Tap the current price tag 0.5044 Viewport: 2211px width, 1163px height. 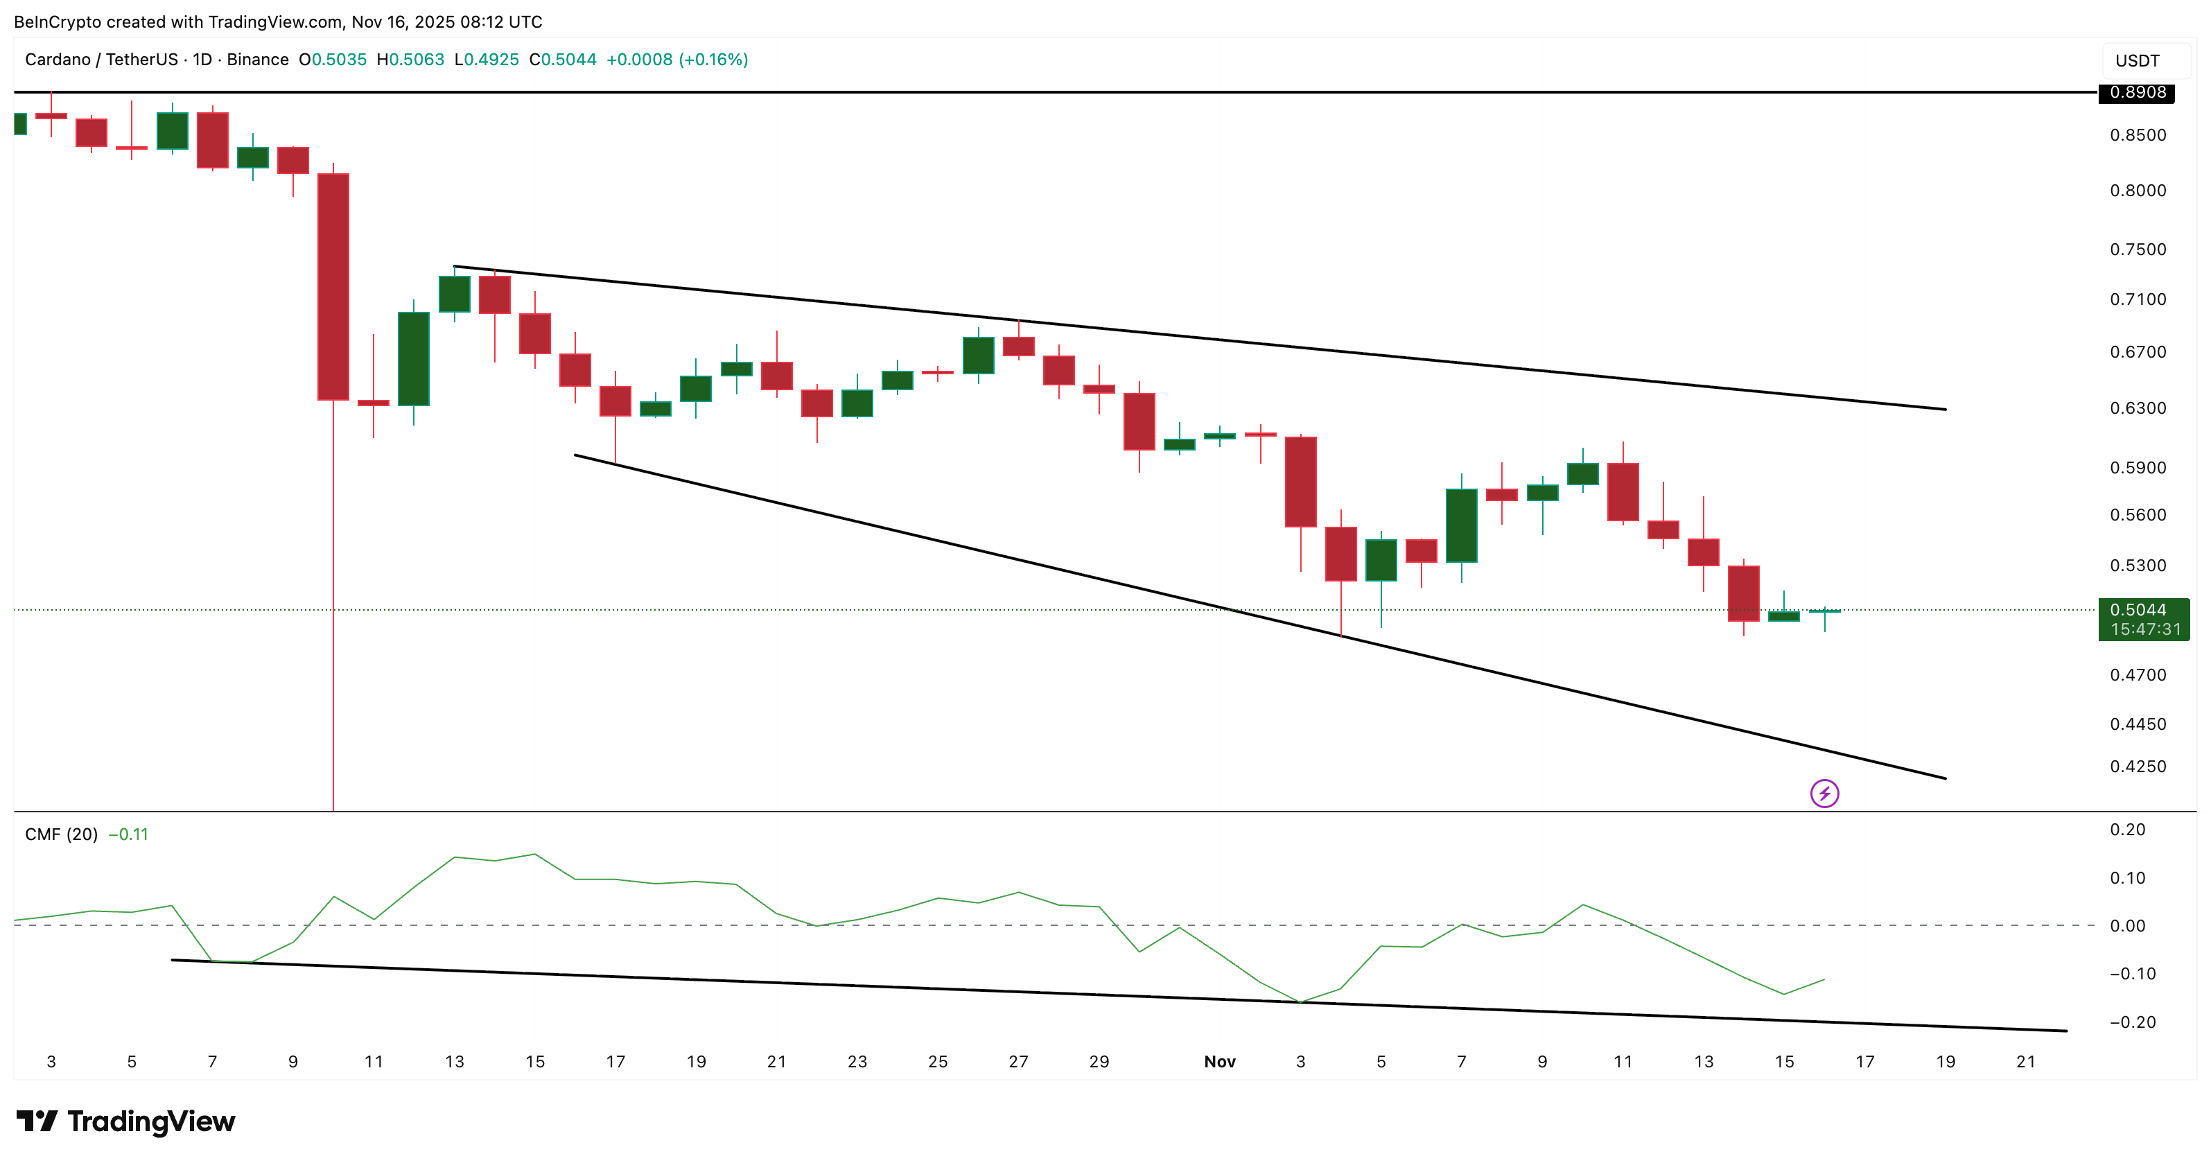(2142, 610)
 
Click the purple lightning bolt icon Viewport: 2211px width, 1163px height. (1824, 793)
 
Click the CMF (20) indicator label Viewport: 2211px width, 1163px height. (61, 834)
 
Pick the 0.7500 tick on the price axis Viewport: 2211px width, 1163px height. (2138, 250)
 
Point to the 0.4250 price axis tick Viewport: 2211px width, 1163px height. (2138, 767)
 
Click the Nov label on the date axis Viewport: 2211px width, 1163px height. (1218, 1062)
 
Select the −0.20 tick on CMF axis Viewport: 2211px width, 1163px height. (2132, 1022)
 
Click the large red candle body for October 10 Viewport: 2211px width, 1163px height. (333, 287)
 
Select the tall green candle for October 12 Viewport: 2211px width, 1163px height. (414, 359)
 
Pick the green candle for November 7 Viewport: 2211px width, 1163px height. (1461, 525)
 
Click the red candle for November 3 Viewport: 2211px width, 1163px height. (1300, 482)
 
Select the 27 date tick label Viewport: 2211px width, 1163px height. (1018, 1062)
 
